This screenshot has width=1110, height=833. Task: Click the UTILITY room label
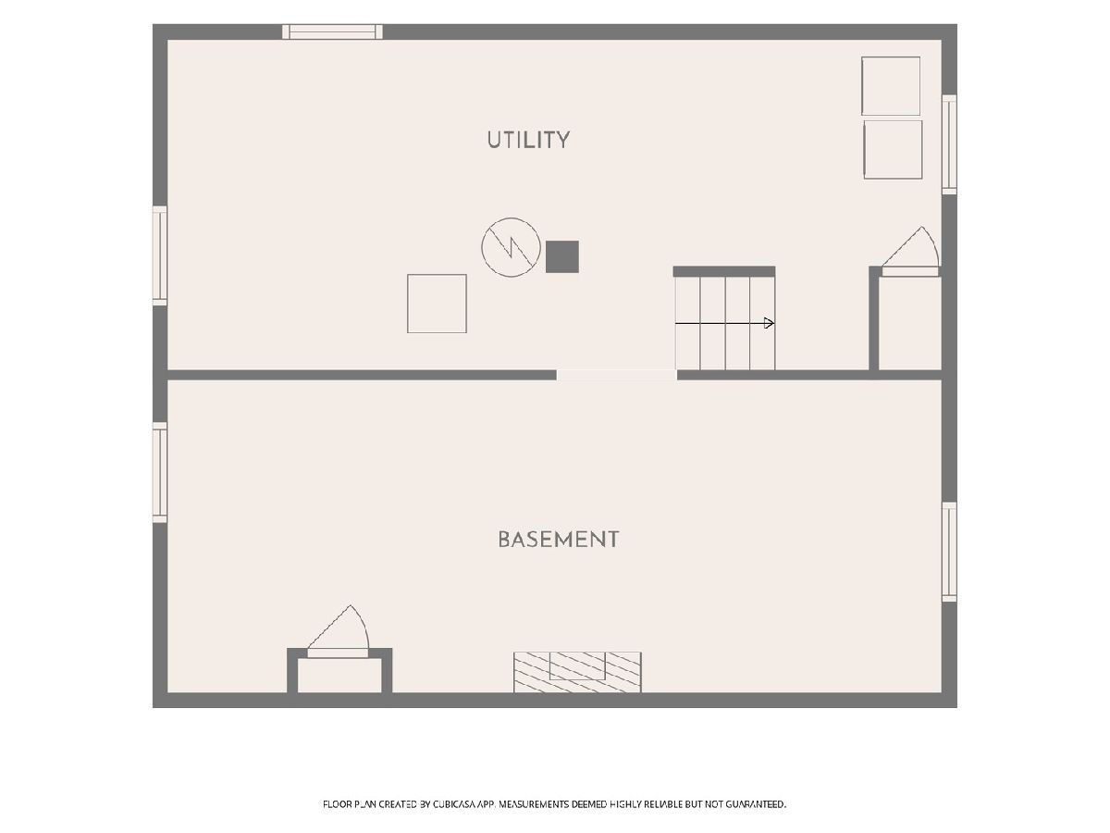tap(528, 140)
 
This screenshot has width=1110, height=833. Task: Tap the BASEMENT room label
tap(559, 540)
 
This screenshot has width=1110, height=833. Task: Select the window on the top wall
tap(332, 31)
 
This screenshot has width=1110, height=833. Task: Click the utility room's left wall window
tap(160, 255)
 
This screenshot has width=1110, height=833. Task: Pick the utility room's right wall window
tap(949, 144)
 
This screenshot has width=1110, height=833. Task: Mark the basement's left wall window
tap(160, 472)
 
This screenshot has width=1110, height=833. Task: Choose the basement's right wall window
tap(949, 552)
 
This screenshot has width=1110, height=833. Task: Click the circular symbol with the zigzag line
tap(511, 247)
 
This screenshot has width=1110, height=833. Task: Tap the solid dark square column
tap(561, 256)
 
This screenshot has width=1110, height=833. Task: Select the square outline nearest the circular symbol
tap(437, 304)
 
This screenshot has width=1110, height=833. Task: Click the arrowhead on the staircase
tap(769, 323)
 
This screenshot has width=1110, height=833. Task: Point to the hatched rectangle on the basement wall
tap(577, 672)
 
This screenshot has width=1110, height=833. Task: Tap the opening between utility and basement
tap(616, 375)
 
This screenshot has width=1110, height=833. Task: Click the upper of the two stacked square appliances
tap(891, 86)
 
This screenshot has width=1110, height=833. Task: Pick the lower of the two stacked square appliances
tap(893, 150)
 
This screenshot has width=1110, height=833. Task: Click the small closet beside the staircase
tap(910, 323)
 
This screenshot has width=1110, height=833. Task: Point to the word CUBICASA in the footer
tap(454, 804)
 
